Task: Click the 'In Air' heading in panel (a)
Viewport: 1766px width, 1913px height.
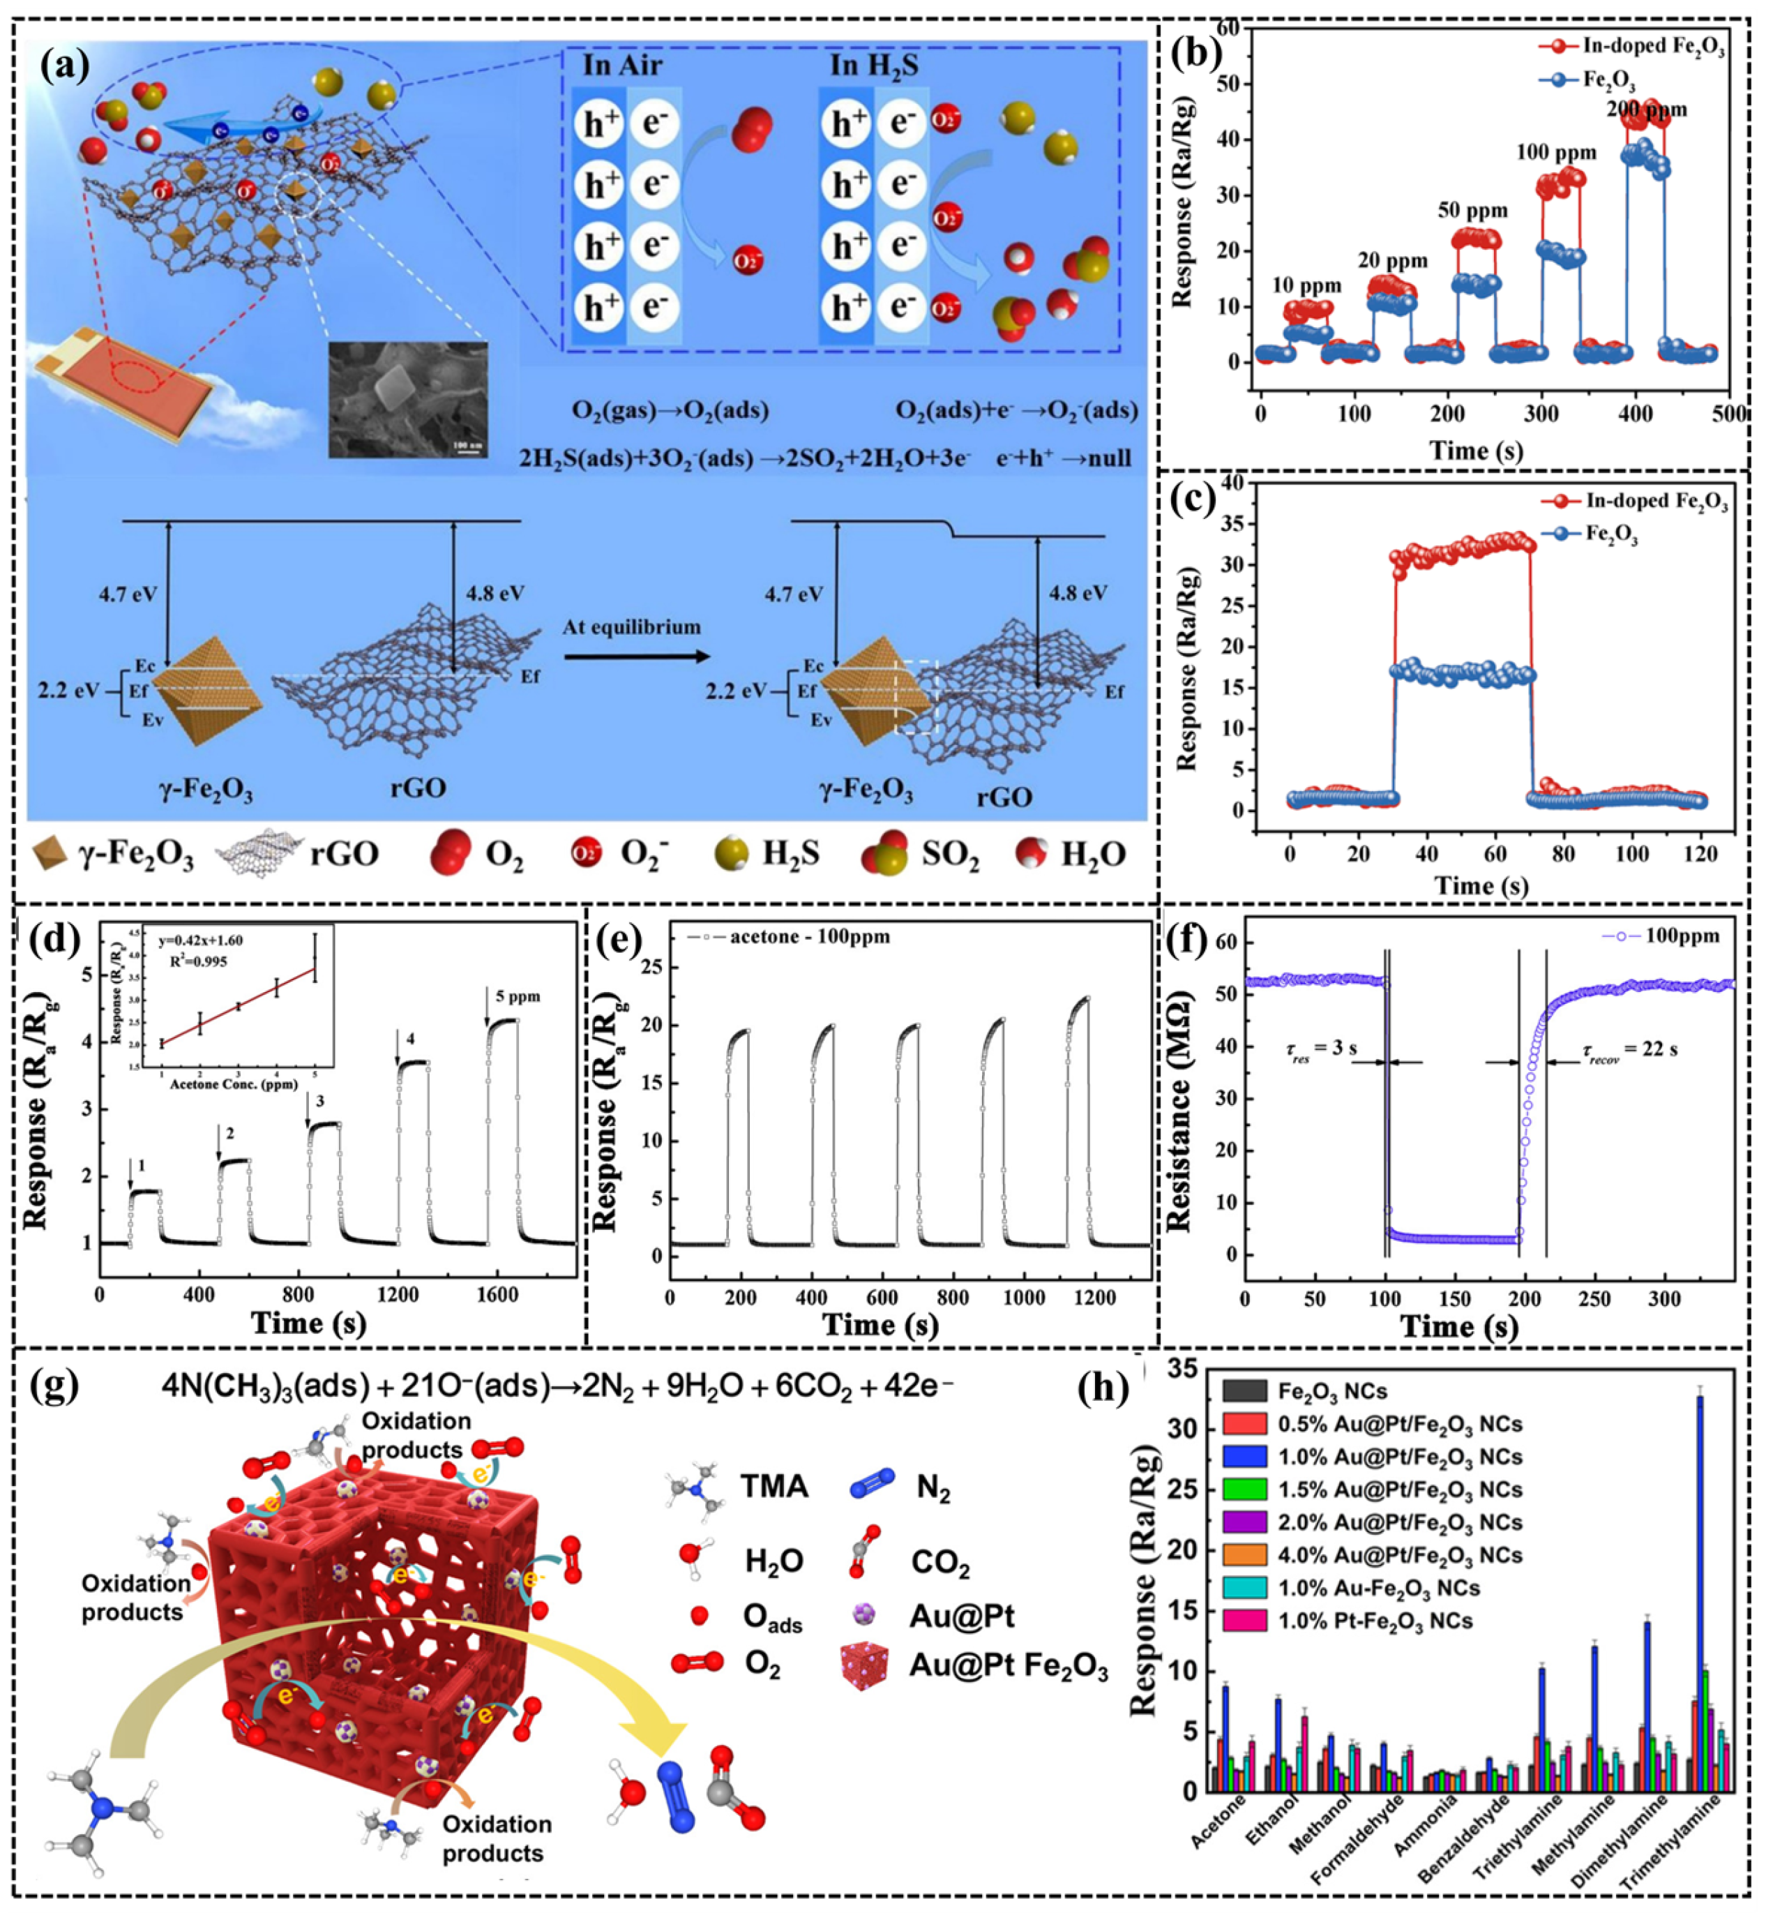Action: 622,66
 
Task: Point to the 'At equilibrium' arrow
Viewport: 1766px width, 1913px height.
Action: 635,656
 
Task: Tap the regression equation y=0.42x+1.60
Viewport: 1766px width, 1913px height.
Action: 213,943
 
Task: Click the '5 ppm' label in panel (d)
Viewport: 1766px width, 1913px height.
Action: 517,996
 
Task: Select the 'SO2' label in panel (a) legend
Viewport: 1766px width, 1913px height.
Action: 950,854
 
